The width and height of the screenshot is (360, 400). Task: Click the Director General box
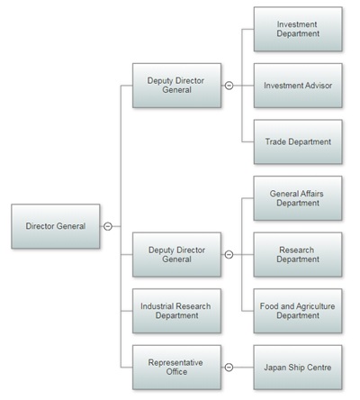(x=56, y=226)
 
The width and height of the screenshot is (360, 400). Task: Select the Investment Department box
(x=298, y=29)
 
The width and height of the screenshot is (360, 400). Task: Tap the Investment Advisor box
(x=298, y=86)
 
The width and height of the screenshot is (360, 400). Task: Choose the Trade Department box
(x=298, y=141)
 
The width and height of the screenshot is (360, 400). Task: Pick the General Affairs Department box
(x=298, y=198)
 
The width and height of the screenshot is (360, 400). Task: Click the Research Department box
(x=298, y=255)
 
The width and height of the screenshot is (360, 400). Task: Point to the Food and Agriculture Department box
(x=298, y=311)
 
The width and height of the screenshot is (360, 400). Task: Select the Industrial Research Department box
(x=176, y=311)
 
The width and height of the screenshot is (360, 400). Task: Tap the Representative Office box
(x=176, y=368)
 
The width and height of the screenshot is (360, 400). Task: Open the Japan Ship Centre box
(x=298, y=368)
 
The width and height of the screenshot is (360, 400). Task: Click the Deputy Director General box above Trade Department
(x=176, y=86)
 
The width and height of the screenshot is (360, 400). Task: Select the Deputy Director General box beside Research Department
(x=176, y=255)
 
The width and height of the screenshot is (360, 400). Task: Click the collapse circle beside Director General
(x=108, y=226)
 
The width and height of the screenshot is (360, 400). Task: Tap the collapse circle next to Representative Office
(x=229, y=368)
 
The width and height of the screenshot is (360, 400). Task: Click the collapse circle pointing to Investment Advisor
(x=229, y=86)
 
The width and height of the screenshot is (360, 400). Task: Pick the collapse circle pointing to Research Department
(x=229, y=255)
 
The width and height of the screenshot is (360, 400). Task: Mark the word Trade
(x=275, y=141)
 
